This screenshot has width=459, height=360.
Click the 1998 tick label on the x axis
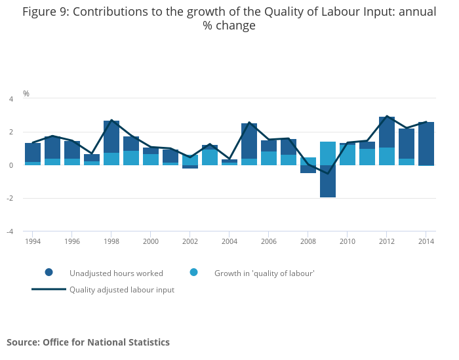coord(111,241)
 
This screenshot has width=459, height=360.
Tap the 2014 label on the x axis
coord(426,241)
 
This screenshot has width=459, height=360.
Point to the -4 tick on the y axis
coord(10,231)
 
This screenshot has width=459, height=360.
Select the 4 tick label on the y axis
coord(11,99)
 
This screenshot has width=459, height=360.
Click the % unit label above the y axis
coord(26,94)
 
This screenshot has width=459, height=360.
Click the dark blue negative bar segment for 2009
coord(328,181)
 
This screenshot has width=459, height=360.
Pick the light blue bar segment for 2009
coord(328,153)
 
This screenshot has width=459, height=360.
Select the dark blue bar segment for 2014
coord(426,144)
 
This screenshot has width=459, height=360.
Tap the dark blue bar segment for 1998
coord(111,136)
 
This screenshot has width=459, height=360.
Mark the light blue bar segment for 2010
coord(348,155)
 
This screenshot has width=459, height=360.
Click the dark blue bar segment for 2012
coord(387,132)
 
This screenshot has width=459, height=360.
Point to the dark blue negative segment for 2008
coord(308,169)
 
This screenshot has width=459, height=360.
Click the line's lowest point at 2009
coord(328,174)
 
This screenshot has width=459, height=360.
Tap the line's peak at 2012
coord(387,117)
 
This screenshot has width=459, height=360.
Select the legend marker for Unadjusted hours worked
coord(49,273)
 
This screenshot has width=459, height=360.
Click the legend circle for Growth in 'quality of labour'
coord(193,273)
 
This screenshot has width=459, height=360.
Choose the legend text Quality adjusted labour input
coord(122,289)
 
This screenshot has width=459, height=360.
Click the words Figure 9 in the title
coord(43,11)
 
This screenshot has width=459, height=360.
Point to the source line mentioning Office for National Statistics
coord(88,342)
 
